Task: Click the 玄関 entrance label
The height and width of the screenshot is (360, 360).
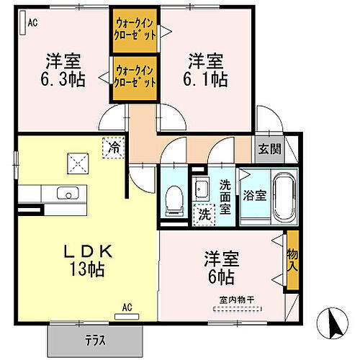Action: coord(271,150)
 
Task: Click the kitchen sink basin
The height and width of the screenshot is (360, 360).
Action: coord(70,193)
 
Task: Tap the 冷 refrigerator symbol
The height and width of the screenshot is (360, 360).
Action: coord(114,146)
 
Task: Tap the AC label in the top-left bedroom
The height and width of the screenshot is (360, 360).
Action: coord(32,23)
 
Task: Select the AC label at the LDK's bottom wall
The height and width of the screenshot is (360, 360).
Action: coord(127,308)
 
